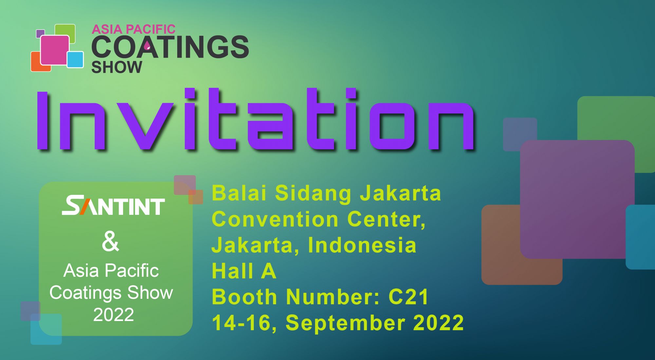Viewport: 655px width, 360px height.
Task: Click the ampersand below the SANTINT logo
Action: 110,242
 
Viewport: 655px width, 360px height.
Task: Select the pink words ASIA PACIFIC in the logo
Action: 133,29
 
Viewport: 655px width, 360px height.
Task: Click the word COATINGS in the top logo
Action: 170,47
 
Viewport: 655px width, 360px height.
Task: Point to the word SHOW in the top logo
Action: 117,67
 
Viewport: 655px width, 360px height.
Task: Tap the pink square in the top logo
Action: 55,50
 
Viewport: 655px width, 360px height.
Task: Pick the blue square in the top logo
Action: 75,59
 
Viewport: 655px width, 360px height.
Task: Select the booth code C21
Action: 409,297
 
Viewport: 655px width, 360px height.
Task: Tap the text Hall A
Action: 244,271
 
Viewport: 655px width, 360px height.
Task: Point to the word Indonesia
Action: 362,245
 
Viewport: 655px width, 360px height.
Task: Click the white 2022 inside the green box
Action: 114,314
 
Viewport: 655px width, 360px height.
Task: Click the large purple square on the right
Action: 577,199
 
